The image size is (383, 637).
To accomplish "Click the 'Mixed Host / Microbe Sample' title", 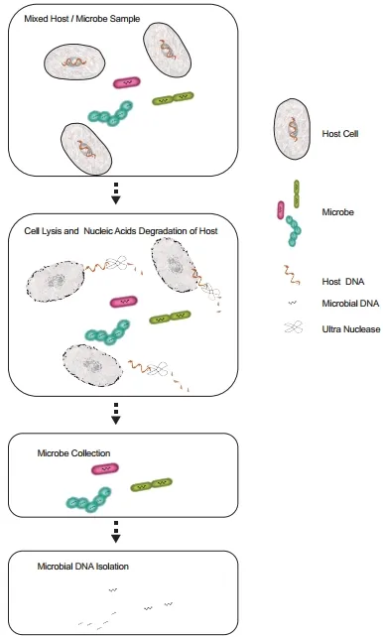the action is pos(82,19).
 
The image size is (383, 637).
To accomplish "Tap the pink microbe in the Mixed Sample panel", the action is pos(127,82).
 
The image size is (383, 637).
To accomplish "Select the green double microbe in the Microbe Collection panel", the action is pos(151,484).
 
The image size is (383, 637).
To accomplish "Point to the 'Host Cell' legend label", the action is pos(340,133).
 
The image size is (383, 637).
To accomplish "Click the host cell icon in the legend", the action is pos(292,129).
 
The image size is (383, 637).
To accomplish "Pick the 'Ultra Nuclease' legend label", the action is pos(351,329).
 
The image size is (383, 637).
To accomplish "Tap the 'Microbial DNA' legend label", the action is pos(350,304).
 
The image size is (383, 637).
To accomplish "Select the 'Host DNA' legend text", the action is pos(342,281).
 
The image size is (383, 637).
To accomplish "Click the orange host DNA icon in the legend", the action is pos(292,275).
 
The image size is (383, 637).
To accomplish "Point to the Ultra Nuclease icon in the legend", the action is pos(294,327).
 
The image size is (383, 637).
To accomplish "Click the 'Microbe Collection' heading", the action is pos(73,453).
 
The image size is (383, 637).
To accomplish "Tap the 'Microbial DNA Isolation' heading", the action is pos(83,566).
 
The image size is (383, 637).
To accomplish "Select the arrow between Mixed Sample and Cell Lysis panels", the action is pos(116,192).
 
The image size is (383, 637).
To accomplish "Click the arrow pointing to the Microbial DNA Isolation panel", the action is pos(116,532).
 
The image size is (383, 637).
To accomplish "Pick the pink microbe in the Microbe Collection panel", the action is pos(105,469).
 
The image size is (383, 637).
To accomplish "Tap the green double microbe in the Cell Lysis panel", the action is pos(170,318).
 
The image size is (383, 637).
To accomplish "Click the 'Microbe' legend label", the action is pos(337,212).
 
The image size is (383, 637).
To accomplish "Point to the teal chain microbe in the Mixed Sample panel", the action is pos(110,115).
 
